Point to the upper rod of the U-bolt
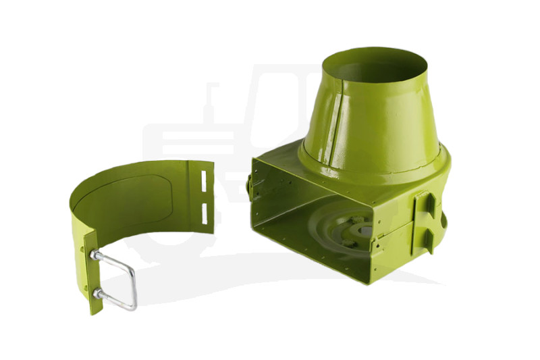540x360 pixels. point(115,258)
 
